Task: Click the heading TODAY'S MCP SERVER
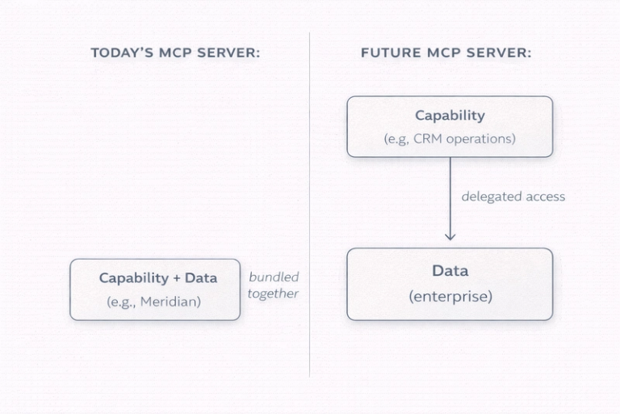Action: click(175, 53)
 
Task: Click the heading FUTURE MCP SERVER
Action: click(446, 53)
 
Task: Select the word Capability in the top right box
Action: click(450, 116)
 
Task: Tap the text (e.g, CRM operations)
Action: click(450, 138)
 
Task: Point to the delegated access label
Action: click(513, 196)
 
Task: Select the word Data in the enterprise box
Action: click(450, 271)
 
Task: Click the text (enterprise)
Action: click(450, 296)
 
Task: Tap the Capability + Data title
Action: click(158, 278)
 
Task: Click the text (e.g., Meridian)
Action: click(153, 302)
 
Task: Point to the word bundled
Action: click(274, 277)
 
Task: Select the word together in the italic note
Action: click(273, 294)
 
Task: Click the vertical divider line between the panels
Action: click(310, 202)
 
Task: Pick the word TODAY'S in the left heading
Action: click(121, 53)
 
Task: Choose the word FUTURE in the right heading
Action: click(387, 53)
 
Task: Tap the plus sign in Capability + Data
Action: click(176, 278)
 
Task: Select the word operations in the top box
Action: click(479, 138)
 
